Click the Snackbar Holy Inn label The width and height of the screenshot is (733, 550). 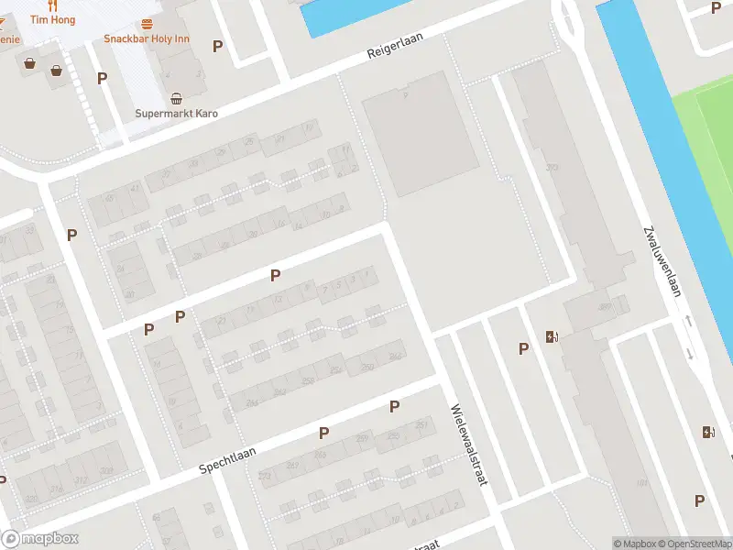[x=147, y=38]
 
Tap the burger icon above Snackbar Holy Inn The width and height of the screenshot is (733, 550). [x=148, y=24]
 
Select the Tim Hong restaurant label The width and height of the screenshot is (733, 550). [x=52, y=19]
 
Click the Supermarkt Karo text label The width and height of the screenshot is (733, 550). [x=176, y=114]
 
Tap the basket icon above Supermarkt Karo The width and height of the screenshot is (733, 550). [x=176, y=98]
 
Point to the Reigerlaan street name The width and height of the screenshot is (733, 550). [x=391, y=53]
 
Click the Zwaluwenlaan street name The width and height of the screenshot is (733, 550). [x=664, y=261]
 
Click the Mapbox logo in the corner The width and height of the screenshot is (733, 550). [x=40, y=539]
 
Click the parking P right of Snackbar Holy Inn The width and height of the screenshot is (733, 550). [x=217, y=46]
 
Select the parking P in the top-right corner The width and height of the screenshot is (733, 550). [x=716, y=7]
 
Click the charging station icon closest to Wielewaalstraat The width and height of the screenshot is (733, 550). [x=552, y=336]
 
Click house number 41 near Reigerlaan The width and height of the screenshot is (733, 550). [x=136, y=188]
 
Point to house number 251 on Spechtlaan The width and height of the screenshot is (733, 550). [x=421, y=424]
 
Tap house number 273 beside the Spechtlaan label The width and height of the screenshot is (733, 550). [x=266, y=476]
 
